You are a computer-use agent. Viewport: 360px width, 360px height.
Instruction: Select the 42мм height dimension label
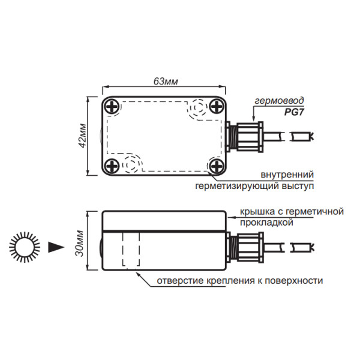[83, 137]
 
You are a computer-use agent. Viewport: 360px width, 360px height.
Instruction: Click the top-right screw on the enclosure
[215, 107]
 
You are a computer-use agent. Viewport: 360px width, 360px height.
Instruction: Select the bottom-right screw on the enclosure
[215, 164]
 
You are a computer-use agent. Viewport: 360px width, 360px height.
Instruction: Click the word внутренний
[287, 175]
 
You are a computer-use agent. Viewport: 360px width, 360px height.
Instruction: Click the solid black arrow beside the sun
[56, 246]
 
